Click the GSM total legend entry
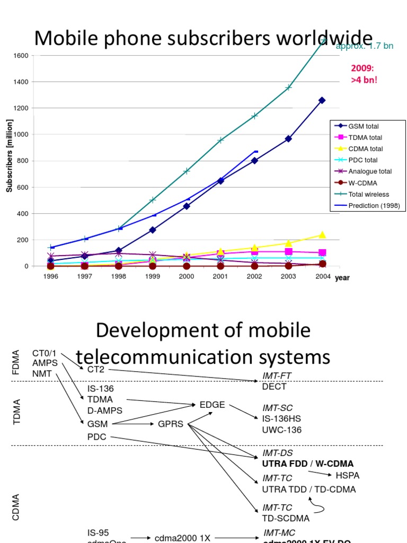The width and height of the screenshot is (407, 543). point(363,127)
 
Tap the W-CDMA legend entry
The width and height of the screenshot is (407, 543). point(361,183)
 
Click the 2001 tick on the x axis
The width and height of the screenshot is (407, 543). point(220,276)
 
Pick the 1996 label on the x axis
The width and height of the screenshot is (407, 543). point(51,276)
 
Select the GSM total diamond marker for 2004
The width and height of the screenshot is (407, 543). point(322,100)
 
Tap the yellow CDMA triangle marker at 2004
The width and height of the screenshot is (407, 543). point(322,234)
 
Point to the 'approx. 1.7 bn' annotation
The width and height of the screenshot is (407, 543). point(365,46)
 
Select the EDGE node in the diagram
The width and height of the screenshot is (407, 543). point(212,405)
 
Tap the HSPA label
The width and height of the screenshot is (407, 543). point(348,475)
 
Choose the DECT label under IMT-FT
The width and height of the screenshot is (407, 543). point(274,387)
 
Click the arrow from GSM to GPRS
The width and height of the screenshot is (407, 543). point(134,424)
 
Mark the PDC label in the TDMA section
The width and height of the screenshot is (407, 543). point(97,437)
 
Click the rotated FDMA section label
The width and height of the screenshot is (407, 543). point(15,362)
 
